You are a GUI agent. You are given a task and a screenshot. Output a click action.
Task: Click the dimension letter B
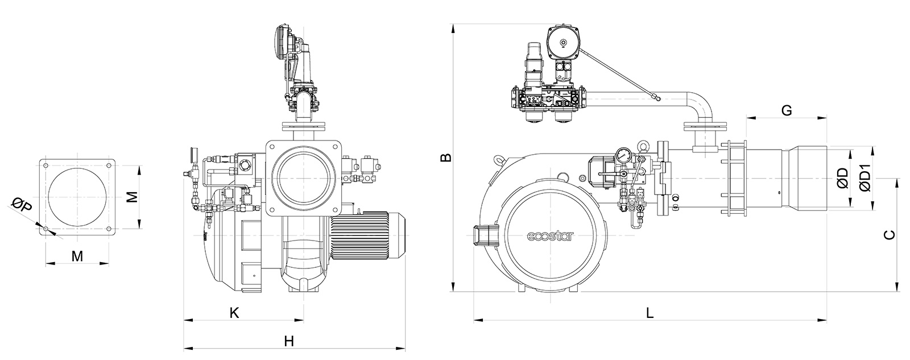click(446, 157)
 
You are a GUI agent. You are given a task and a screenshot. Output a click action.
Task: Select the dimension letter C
click(890, 235)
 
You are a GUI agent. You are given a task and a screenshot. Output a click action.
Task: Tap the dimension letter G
click(787, 110)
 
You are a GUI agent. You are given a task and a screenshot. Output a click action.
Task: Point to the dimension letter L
click(650, 312)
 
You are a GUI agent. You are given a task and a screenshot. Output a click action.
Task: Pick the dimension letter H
click(289, 341)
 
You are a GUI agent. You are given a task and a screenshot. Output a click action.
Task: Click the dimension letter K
click(234, 312)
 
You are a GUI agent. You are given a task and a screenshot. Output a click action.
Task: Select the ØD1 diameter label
click(865, 177)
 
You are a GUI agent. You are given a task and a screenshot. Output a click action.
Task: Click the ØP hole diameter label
click(22, 204)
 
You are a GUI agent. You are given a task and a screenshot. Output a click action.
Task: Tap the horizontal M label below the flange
click(77, 256)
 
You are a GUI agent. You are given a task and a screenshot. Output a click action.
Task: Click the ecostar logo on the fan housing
click(551, 236)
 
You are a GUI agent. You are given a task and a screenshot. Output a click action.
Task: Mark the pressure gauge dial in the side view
click(622, 155)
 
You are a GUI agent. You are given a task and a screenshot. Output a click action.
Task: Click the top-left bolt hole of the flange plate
click(46, 165)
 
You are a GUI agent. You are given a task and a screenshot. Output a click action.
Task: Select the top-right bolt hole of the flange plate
click(109, 165)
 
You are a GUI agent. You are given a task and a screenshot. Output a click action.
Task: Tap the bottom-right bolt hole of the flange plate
click(109, 229)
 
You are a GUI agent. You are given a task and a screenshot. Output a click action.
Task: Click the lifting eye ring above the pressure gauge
click(642, 144)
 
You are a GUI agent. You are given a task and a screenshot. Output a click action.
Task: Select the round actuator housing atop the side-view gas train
click(563, 43)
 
